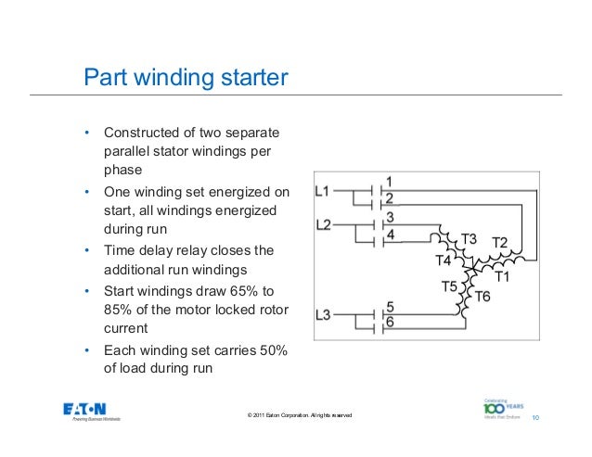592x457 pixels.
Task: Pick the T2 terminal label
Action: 499,242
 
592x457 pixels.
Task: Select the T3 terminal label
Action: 469,239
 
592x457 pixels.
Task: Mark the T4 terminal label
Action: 444,260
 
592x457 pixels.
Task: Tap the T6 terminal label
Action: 483,297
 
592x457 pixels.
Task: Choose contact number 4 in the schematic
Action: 391,235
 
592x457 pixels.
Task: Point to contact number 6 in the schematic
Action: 391,322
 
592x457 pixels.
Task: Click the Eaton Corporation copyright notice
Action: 294,413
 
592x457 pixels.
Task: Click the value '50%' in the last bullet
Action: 273,349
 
